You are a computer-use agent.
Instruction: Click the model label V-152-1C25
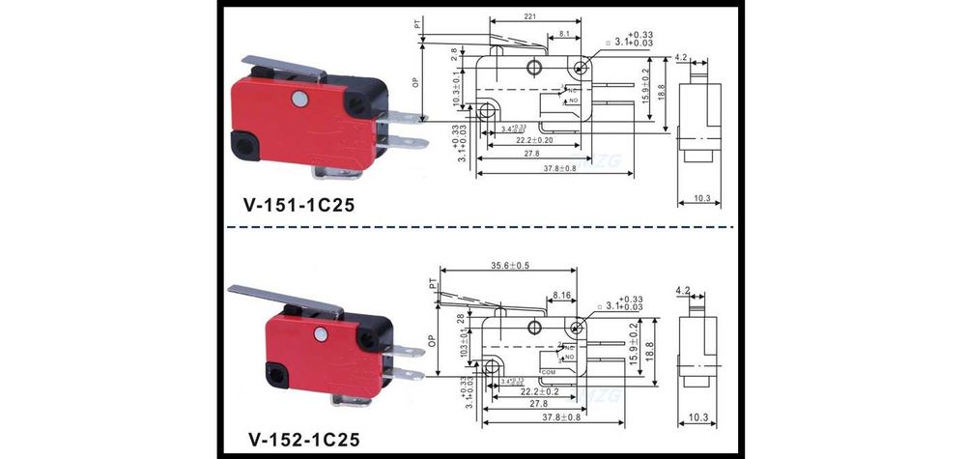pos(301,440)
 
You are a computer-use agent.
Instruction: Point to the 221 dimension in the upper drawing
pos(530,16)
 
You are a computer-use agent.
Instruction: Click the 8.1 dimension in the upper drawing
pos(564,35)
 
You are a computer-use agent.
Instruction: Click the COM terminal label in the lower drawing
pos(548,371)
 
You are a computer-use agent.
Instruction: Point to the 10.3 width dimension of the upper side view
pos(702,199)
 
